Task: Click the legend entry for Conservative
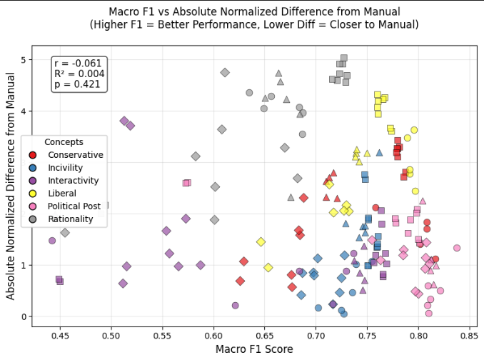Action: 75,155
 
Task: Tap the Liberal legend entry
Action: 63,194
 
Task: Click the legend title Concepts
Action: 64,142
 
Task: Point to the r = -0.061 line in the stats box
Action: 78,64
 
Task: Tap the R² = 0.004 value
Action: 79,74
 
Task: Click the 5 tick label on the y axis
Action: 24,60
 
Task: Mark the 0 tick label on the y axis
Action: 24,317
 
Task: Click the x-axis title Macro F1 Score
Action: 253,349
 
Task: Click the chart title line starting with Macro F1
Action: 253,11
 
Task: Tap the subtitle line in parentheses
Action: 253,24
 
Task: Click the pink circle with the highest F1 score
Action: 457,248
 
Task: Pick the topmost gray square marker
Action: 343,58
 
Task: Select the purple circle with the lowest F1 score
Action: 52,241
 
